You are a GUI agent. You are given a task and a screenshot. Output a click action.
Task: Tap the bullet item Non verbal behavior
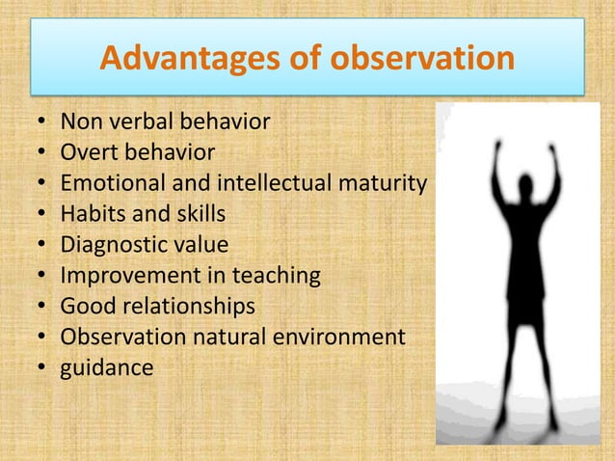click(x=165, y=122)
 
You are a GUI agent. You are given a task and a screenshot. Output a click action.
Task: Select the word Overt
click(x=89, y=152)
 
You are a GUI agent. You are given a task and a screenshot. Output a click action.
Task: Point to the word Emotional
click(x=108, y=183)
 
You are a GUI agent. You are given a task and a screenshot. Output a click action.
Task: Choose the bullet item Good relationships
click(x=157, y=307)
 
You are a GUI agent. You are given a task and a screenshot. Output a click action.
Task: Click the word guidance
click(x=107, y=368)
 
